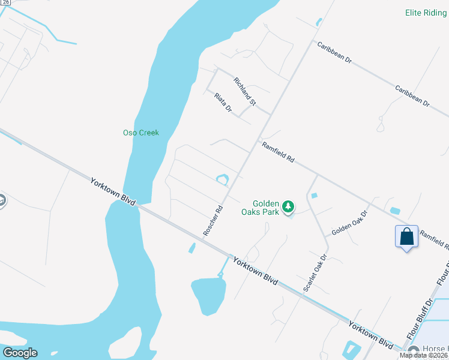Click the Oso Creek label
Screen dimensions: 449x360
coord(140,133)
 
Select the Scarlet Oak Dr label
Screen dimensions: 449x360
coord(315,273)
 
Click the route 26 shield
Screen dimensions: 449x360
coord(5,2)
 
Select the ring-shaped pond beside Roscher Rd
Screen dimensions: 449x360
coord(222,179)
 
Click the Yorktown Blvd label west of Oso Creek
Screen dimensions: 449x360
coord(113,191)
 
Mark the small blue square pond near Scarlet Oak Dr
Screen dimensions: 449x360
coord(315,196)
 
